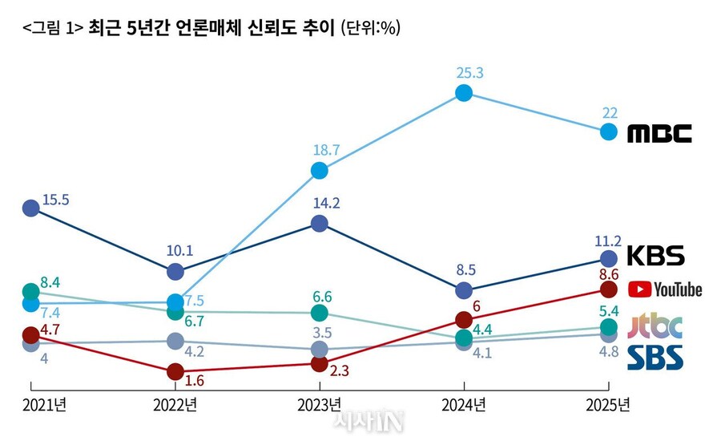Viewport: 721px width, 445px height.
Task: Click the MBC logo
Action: pyautogui.click(x=659, y=133)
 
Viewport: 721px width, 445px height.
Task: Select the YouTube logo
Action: pyautogui.click(x=665, y=289)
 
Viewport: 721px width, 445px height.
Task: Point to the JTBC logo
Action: pyautogui.click(x=656, y=326)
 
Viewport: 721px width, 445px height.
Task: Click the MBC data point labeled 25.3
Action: pyautogui.click(x=464, y=93)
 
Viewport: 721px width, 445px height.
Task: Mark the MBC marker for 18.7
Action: pyautogui.click(x=320, y=170)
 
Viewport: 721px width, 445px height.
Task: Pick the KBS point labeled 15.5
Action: pyautogui.click(x=30, y=208)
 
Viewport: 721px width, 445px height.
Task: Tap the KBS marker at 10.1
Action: pyautogui.click(x=175, y=272)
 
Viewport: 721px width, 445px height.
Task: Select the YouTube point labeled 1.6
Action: pyautogui.click(x=175, y=372)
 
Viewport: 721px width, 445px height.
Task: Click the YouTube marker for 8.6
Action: pyautogui.click(x=609, y=289)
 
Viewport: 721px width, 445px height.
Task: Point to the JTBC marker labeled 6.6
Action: pyautogui.click(x=320, y=312)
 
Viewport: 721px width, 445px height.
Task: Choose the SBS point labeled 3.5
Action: pyautogui.click(x=320, y=350)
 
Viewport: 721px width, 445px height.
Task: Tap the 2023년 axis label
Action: pyautogui.click(x=320, y=404)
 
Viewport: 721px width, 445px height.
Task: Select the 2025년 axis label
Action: pyautogui.click(x=607, y=404)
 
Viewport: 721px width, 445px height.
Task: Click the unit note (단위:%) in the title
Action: pyautogui.click(x=370, y=28)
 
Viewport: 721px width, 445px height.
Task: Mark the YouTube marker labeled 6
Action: pyautogui.click(x=464, y=319)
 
